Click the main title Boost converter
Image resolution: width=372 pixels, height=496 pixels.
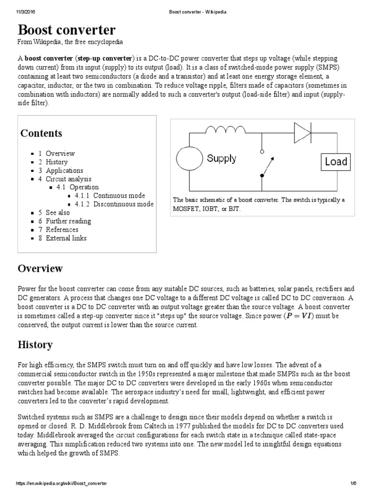pos(66,30)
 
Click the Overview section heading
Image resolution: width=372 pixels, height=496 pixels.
pos(40,268)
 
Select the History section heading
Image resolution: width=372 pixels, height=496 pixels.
pos(35,345)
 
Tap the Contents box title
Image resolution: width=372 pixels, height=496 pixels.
pos(41,133)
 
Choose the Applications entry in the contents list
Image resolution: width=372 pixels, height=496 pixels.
pos(64,170)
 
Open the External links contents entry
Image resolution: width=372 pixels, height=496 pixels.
pos(66,238)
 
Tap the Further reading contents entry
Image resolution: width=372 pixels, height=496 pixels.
pos(68,221)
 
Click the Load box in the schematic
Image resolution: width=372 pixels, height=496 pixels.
pos(336,162)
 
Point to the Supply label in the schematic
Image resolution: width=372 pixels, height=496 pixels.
pos(221,158)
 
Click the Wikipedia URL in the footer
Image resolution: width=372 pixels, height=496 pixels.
pos(62,484)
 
